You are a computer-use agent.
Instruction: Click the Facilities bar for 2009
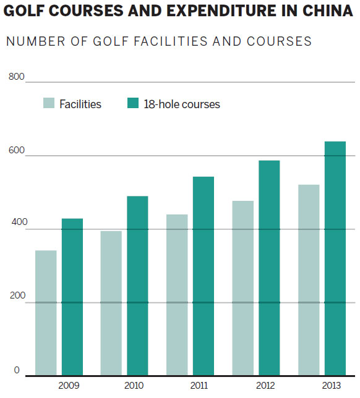click(46, 313)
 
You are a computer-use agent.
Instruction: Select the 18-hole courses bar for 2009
click(72, 297)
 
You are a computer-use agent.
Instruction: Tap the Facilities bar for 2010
click(111, 303)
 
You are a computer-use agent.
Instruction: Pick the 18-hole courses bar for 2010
click(137, 286)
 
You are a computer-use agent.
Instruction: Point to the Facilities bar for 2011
click(177, 295)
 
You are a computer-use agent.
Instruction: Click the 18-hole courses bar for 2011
click(204, 276)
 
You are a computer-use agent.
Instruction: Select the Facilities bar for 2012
click(243, 288)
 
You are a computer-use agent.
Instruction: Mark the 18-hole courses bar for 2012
click(269, 268)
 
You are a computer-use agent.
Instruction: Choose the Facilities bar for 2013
click(309, 280)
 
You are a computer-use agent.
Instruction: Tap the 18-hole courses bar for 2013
click(335, 258)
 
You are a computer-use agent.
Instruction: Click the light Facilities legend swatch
click(49, 103)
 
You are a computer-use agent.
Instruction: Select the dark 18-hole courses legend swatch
click(133, 103)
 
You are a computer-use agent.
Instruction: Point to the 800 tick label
click(17, 77)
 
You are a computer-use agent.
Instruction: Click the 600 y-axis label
click(17, 150)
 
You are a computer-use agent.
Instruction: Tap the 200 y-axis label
click(17, 295)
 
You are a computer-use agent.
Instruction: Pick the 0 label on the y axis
click(17, 370)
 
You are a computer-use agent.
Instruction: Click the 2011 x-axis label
click(199, 386)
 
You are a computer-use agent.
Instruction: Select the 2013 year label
click(332, 386)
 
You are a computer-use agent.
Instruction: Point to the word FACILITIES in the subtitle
click(171, 41)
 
